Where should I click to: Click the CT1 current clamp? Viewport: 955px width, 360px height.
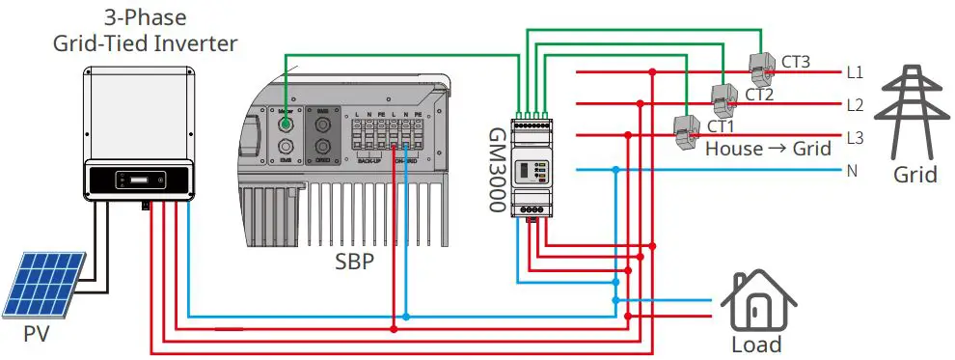coord(688,130)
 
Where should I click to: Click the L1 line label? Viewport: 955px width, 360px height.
coord(854,71)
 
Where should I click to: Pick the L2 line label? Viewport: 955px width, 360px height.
coord(854,104)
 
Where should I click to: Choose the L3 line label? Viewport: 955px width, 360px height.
coord(854,137)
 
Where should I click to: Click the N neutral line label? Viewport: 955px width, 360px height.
coord(851,171)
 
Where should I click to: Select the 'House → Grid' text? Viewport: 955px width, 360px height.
coord(768,150)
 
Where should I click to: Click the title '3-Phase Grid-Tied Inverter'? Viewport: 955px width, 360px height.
coord(144,31)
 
